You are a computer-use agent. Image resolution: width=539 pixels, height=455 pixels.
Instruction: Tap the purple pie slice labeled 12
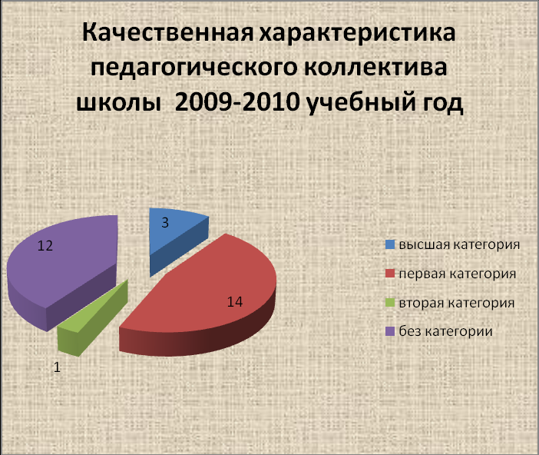pyautogui.click(x=62, y=265)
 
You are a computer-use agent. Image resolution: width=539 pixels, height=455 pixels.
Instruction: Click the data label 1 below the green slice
pyautogui.click(x=57, y=367)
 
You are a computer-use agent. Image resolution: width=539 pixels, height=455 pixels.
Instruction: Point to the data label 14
pyautogui.click(x=235, y=302)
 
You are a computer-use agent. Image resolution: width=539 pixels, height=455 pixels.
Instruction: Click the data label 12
pyautogui.click(x=45, y=246)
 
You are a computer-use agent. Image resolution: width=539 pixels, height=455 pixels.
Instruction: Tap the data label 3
pyautogui.click(x=165, y=223)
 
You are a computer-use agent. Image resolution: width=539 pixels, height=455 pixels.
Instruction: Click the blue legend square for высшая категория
pyautogui.click(x=390, y=244)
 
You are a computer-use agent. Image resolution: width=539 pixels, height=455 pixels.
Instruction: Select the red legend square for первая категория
pyautogui.click(x=390, y=274)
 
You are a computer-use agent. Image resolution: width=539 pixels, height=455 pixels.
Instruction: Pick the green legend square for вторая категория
pyautogui.click(x=390, y=303)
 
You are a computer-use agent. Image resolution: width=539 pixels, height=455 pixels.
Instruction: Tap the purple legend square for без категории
pyautogui.click(x=390, y=331)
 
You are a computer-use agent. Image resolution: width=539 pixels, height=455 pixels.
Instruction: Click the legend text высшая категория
pyautogui.click(x=459, y=244)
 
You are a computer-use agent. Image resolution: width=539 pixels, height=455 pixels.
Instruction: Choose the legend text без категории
pyautogui.click(x=445, y=331)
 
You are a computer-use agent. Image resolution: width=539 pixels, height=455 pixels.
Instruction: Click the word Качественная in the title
pyautogui.click(x=167, y=33)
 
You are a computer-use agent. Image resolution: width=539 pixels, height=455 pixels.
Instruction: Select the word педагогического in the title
pyautogui.click(x=194, y=68)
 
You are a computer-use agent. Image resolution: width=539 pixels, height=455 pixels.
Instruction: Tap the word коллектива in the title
pyautogui.click(x=375, y=67)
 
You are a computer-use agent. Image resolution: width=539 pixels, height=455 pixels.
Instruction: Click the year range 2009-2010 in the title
pyautogui.click(x=236, y=102)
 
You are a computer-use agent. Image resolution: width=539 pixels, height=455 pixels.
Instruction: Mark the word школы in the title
pyautogui.click(x=118, y=102)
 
